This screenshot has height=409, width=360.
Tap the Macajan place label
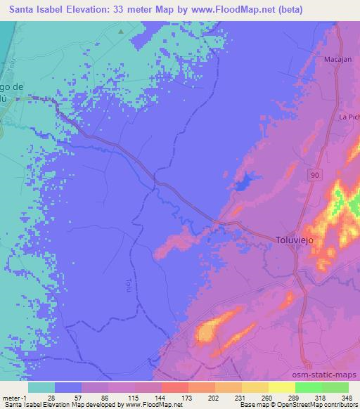337,60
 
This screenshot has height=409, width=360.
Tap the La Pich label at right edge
349,116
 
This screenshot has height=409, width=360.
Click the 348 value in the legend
346,397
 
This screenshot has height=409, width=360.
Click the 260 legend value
266,397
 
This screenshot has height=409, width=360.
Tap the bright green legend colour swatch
309,387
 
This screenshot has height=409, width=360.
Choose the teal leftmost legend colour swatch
41,387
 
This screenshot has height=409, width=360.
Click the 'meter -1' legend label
15,397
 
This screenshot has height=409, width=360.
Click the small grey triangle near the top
121,32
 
